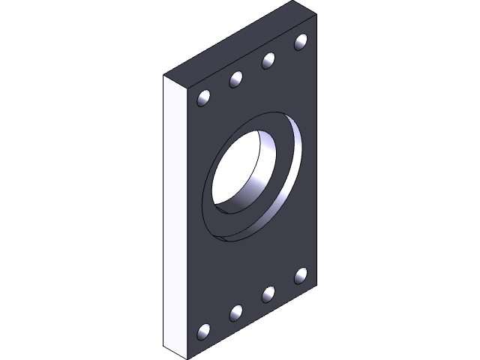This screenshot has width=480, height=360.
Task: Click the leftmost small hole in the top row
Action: click(x=203, y=97)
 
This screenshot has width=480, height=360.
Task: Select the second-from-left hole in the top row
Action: click(x=236, y=78)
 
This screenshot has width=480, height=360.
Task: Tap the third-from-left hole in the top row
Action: click(x=268, y=60)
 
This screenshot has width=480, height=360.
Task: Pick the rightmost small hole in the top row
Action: click(x=301, y=41)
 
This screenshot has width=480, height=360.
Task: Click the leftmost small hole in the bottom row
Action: click(x=203, y=331)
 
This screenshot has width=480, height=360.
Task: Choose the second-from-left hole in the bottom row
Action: click(x=236, y=313)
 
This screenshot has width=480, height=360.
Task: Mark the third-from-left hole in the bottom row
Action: click(x=268, y=294)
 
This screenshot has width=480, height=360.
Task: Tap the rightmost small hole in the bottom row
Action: click(x=301, y=275)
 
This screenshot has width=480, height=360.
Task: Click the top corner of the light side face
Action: click(x=164, y=76)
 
